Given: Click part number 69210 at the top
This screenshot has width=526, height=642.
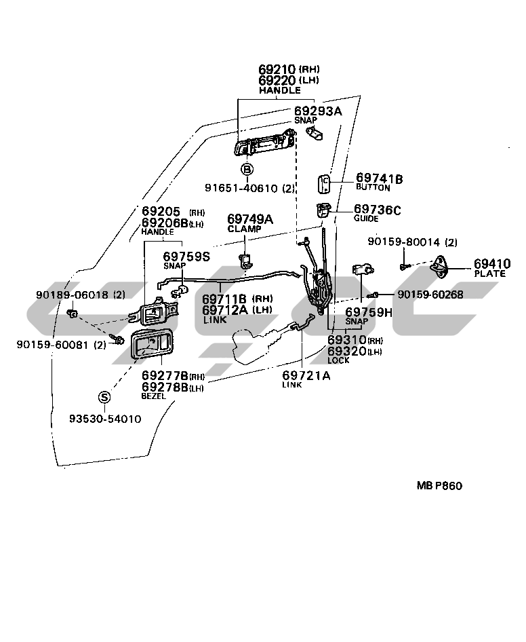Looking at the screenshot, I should [x=277, y=69].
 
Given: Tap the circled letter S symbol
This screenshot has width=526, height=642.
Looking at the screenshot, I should [x=104, y=397].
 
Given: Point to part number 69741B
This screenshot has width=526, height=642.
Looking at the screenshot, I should [x=379, y=178].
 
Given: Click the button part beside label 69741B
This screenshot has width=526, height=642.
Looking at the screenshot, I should [x=324, y=184].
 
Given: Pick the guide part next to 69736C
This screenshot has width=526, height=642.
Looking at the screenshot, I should [x=323, y=210].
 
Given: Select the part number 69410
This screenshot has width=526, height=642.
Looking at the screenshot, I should [x=491, y=263].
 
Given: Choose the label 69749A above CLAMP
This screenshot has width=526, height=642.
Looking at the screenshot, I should [x=249, y=219].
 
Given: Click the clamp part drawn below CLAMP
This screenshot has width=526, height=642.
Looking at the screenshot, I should [x=246, y=259].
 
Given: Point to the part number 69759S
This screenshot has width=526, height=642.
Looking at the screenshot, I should [x=186, y=256].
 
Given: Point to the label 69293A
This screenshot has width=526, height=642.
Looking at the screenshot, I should [x=318, y=110].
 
